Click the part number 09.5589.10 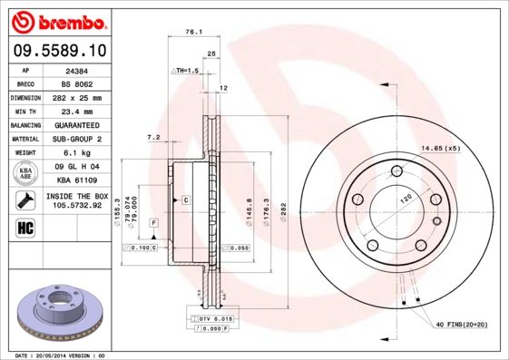[58, 52]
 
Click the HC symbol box [25, 227]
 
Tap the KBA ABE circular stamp [26, 173]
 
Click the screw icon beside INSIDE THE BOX [26, 199]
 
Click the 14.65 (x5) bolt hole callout [439, 148]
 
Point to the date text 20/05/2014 [56, 355]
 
